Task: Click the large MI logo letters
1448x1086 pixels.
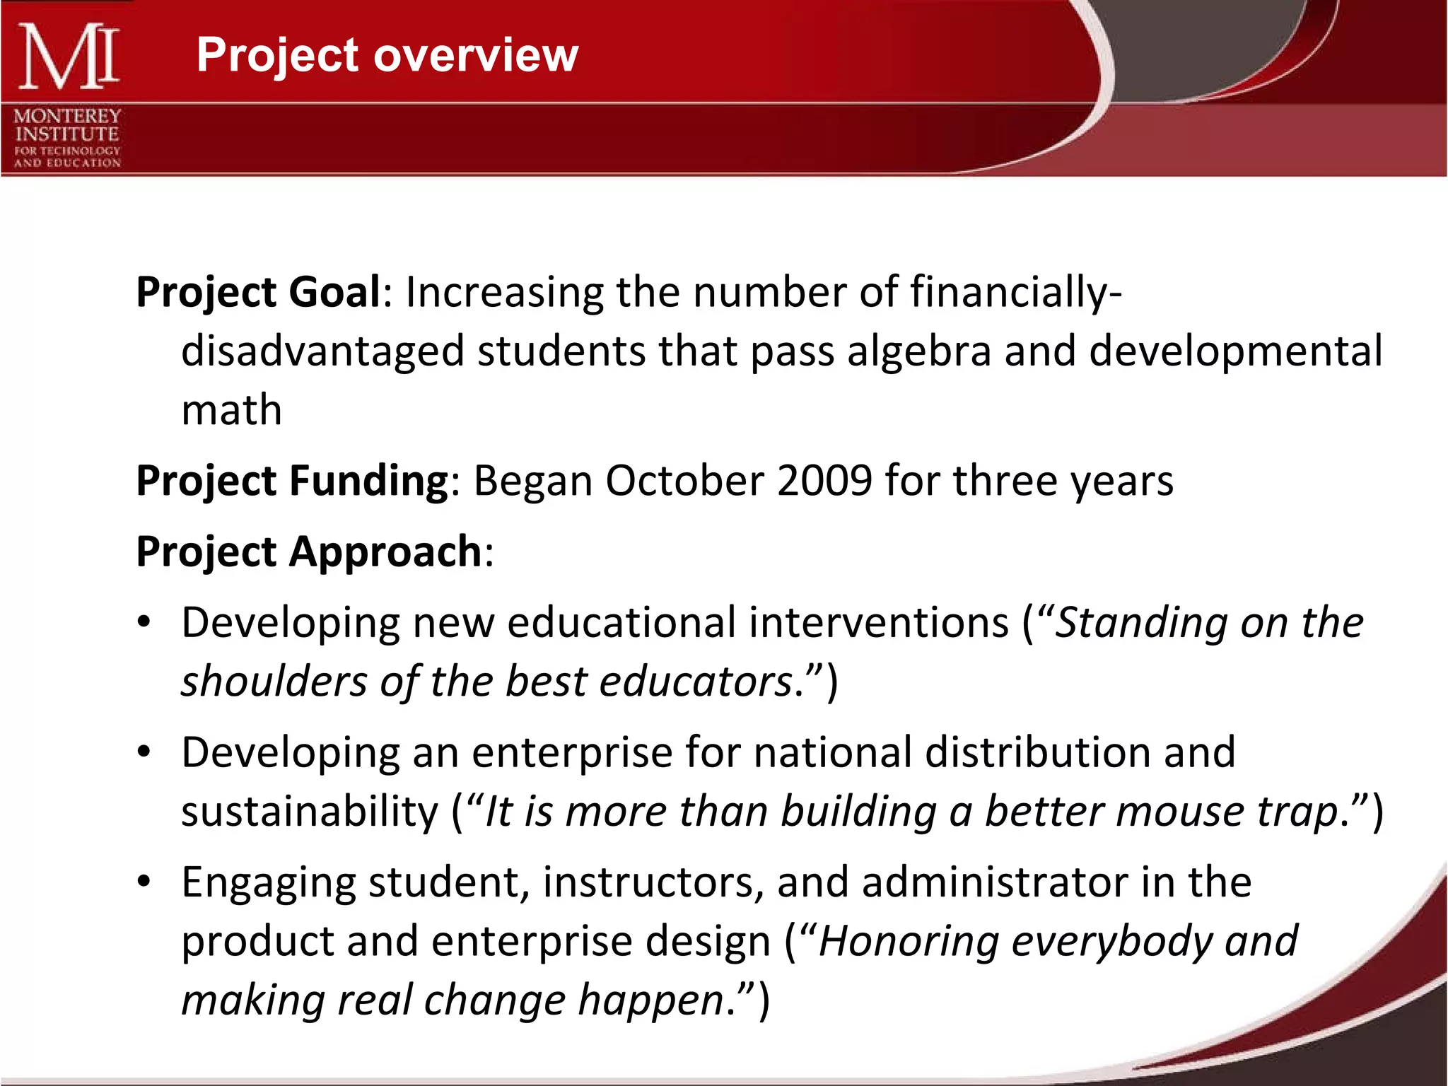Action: click(x=68, y=57)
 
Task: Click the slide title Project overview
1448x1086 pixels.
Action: click(x=387, y=55)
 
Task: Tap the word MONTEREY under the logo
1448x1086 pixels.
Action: click(x=67, y=116)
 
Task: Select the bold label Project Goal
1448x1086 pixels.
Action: click(x=259, y=293)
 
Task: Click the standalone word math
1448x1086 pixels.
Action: click(x=231, y=411)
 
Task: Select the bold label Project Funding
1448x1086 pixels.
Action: click(x=292, y=481)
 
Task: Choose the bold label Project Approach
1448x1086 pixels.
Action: click(x=309, y=552)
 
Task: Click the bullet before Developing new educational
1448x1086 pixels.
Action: click(x=144, y=623)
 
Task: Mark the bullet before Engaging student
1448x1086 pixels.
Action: click(x=144, y=882)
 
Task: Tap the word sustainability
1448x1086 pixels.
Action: click(x=310, y=812)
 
